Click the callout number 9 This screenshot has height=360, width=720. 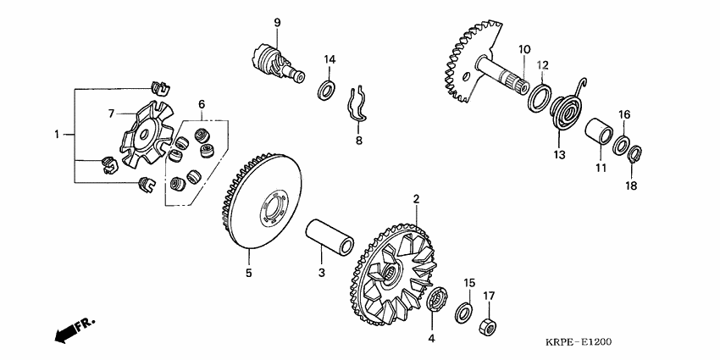tap(277, 22)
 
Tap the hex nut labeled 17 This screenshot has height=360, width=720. tap(488, 326)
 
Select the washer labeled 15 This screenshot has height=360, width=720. tap(464, 312)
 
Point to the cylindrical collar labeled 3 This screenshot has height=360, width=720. tap(330, 238)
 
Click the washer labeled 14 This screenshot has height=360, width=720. tap(325, 90)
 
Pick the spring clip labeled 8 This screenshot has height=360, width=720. tap(357, 106)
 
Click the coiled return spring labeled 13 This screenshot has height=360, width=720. tap(567, 108)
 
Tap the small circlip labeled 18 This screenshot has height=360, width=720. tap(634, 154)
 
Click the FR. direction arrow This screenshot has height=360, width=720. tap(75, 330)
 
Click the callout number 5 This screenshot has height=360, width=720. tap(248, 273)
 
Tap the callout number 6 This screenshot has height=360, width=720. tap(202, 104)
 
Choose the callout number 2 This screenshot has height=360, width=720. tap(416, 199)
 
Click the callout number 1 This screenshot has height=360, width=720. tap(57, 135)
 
